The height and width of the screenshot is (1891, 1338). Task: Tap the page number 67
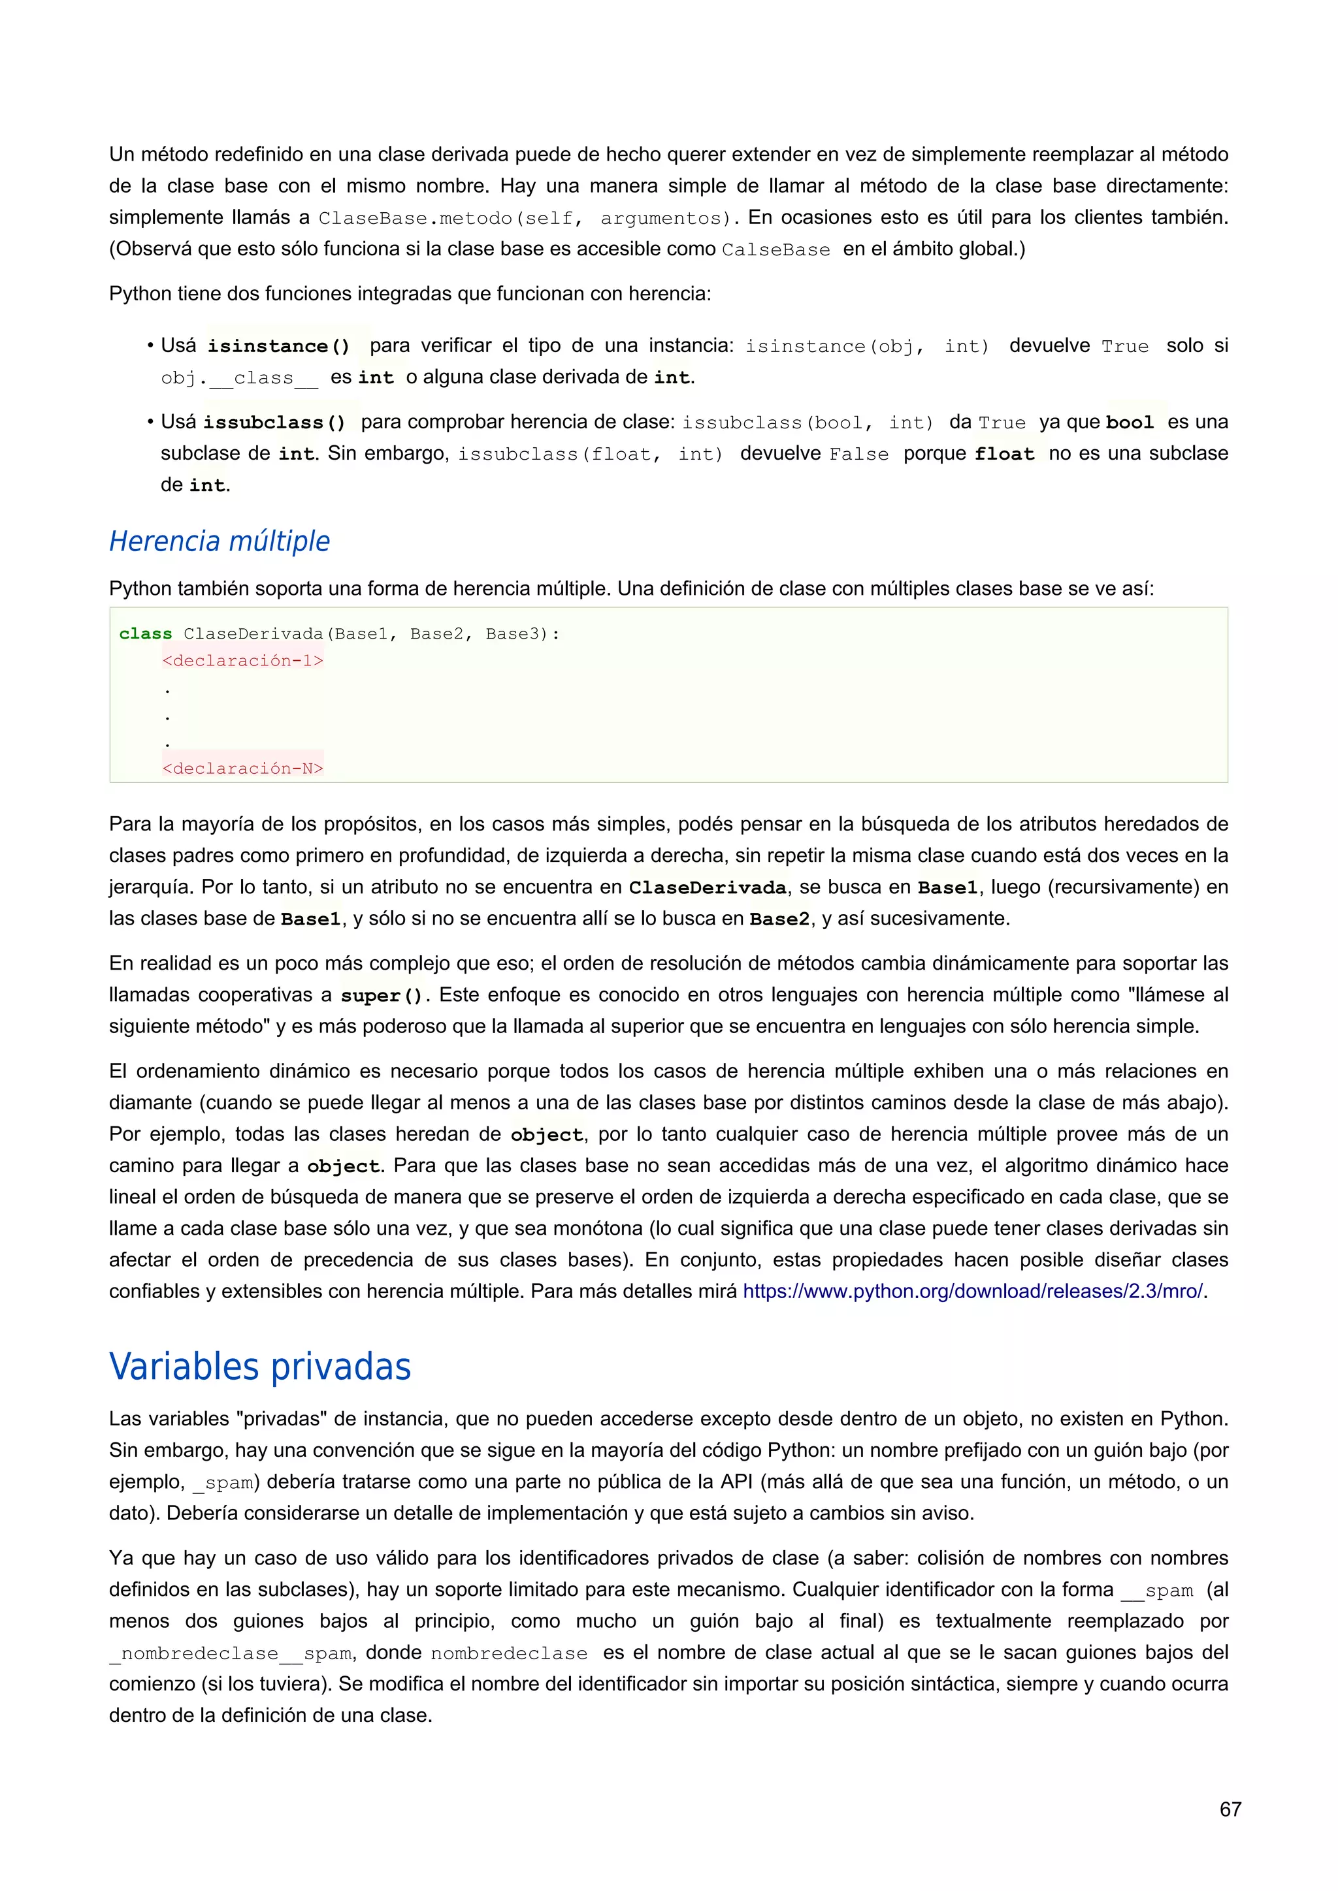pyautogui.click(x=1230, y=1809)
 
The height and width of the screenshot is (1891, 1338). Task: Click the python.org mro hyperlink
pyautogui.click(x=973, y=1292)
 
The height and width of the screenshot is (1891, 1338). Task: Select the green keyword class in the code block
pyautogui.click(x=146, y=633)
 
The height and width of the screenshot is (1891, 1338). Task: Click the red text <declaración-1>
pyautogui.click(x=243, y=661)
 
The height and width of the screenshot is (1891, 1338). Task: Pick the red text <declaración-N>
pyautogui.click(x=243, y=769)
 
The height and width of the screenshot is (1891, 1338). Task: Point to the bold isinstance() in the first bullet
pyautogui.click(x=278, y=346)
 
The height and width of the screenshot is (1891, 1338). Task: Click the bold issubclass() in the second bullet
pyautogui.click(x=274, y=422)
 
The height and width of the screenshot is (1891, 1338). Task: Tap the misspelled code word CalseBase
pyautogui.click(x=775, y=250)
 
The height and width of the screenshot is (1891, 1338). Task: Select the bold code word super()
pyautogui.click(x=382, y=996)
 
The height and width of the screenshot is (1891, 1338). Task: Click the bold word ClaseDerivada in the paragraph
pyautogui.click(x=708, y=888)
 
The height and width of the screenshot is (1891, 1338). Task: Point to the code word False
pyautogui.click(x=858, y=454)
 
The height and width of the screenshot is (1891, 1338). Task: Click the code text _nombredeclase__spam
pyautogui.click(x=231, y=1654)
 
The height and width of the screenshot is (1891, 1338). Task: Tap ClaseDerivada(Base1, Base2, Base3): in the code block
pyautogui.click(x=370, y=633)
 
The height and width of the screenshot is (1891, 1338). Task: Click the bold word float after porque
pyautogui.click(x=1004, y=454)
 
